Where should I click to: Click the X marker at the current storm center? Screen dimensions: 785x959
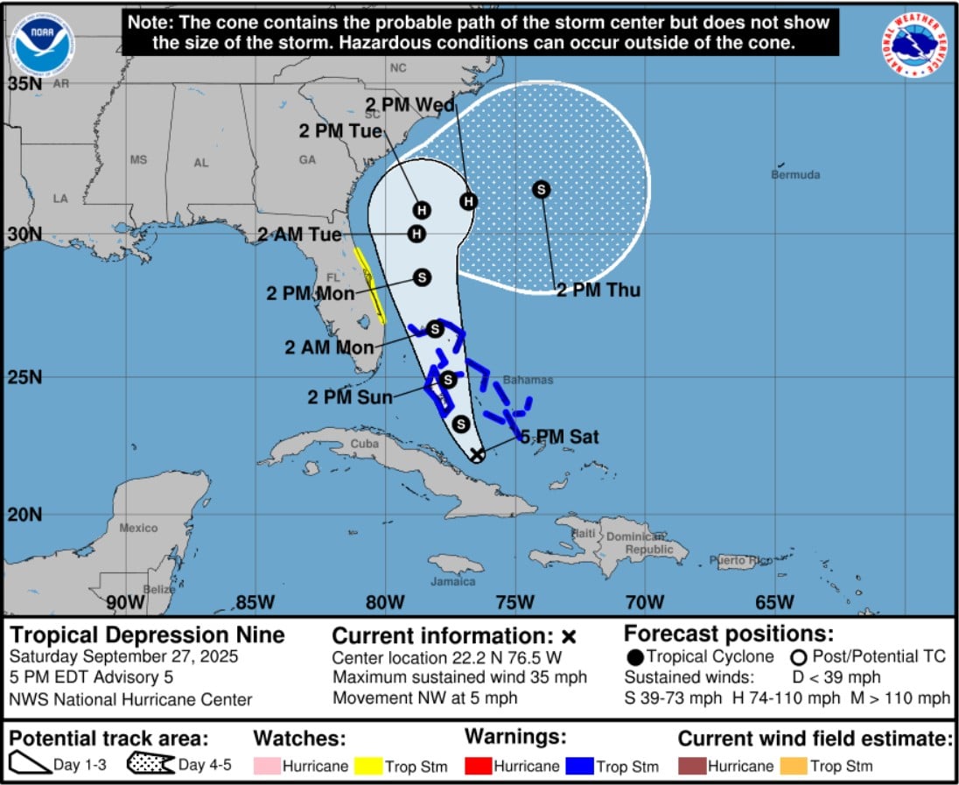pos(477,454)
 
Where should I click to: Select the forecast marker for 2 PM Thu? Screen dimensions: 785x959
pos(542,189)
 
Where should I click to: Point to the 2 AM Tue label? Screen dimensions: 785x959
pos(300,235)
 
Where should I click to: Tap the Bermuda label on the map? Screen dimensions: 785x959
pos(795,175)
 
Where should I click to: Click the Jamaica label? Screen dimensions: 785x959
pos(453,581)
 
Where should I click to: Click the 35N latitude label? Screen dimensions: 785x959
pos(24,84)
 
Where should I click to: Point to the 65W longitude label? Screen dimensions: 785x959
pos(774,602)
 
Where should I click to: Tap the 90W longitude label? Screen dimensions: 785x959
pos(125,602)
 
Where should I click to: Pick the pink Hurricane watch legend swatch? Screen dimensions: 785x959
pos(269,766)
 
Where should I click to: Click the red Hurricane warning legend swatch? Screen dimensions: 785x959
pos(479,766)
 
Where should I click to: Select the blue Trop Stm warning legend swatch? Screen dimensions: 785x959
pos(581,766)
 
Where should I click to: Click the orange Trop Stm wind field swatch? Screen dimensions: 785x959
pos(794,766)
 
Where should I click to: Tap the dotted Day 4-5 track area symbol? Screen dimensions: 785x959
pos(150,764)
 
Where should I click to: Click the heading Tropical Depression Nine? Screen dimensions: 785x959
pos(147,634)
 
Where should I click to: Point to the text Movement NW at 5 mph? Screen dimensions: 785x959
pos(424,697)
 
